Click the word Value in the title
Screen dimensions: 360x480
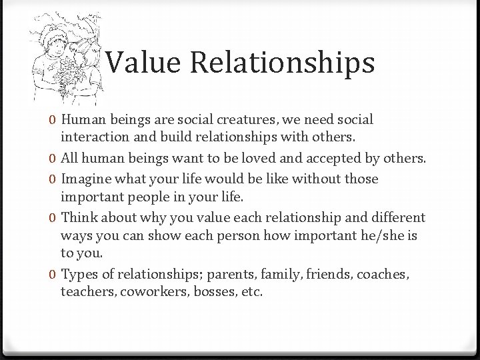point(135,63)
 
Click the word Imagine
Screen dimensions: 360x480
point(86,179)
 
